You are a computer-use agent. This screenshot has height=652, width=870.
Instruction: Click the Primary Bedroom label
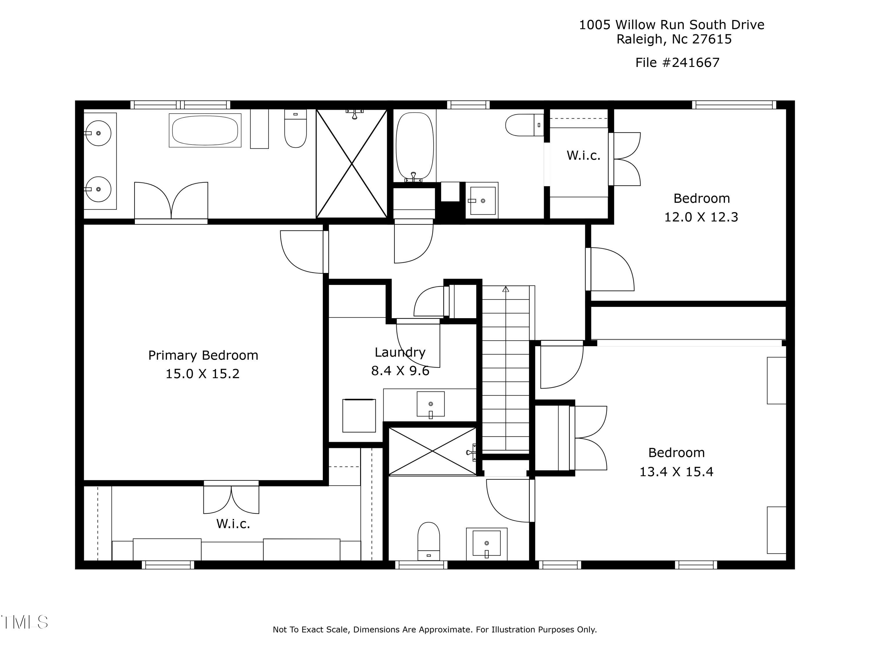click(203, 355)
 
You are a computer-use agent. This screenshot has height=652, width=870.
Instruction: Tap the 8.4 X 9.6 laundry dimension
click(400, 371)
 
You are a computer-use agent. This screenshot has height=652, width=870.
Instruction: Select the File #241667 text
click(677, 63)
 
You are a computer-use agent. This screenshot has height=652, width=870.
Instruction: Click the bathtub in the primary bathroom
click(205, 130)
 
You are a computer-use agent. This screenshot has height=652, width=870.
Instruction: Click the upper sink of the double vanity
click(98, 133)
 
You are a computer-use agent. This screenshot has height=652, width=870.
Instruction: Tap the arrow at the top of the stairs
click(506, 289)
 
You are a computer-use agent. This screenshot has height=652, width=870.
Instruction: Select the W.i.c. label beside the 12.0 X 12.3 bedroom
click(583, 156)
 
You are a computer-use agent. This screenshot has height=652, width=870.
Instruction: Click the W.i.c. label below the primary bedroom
click(233, 524)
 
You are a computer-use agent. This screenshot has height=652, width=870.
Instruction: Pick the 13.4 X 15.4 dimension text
click(676, 471)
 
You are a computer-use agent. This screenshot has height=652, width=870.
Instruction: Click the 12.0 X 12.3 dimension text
click(701, 217)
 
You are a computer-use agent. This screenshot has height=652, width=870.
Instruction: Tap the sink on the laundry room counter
click(431, 404)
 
